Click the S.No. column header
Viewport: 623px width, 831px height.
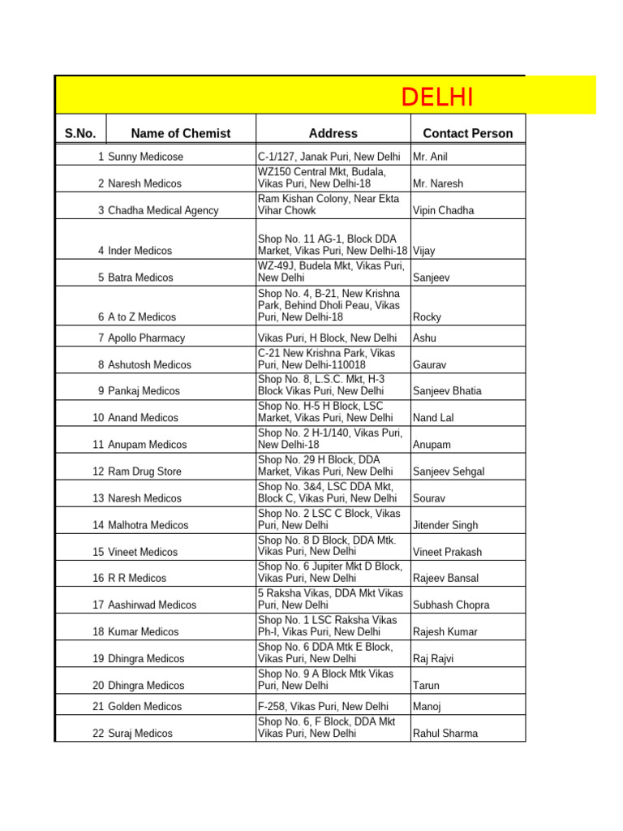click(80, 134)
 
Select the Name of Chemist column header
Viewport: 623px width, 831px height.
click(180, 134)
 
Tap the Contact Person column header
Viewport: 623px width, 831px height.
click(468, 134)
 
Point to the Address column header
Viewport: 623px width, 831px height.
click(333, 134)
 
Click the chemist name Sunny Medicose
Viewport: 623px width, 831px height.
click(145, 157)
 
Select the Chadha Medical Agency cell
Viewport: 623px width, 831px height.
click(163, 211)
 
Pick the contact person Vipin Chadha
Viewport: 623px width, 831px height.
click(443, 211)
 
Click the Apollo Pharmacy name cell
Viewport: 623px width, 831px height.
click(146, 338)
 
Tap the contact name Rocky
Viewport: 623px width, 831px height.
click(428, 317)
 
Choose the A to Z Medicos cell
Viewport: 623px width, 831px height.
click(141, 317)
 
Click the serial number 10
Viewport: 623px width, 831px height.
click(98, 418)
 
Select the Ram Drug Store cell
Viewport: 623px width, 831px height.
click(144, 471)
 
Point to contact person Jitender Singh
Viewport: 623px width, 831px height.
click(445, 525)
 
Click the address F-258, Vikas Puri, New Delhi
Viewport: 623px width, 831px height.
click(323, 707)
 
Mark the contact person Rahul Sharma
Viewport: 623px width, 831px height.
click(445, 734)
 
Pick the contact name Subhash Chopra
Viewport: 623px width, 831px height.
click(451, 605)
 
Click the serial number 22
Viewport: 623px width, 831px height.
click(98, 734)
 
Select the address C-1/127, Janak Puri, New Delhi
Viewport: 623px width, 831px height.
click(329, 157)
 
